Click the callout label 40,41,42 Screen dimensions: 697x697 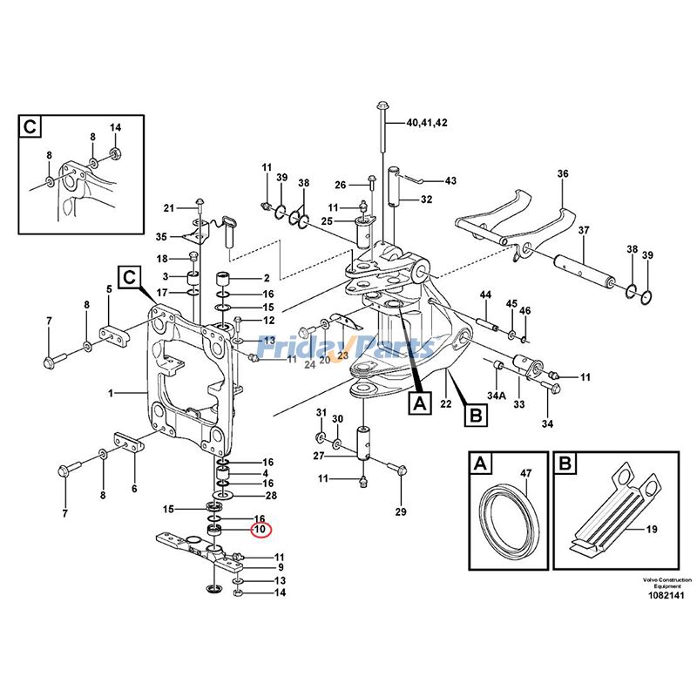coord(426,123)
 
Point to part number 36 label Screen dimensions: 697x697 coord(563,174)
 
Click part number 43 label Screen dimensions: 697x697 coord(450,181)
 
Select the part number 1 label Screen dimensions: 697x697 coord(112,395)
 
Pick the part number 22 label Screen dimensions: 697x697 coord(445,403)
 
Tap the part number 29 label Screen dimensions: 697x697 coord(400,511)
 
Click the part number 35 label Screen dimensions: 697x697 coord(161,237)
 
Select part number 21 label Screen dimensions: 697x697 coord(169,207)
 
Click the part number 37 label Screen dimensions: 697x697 coord(584,231)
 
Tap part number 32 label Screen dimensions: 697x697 coord(426,200)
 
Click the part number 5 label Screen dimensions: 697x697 coord(109,289)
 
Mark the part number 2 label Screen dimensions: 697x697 coord(267,278)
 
